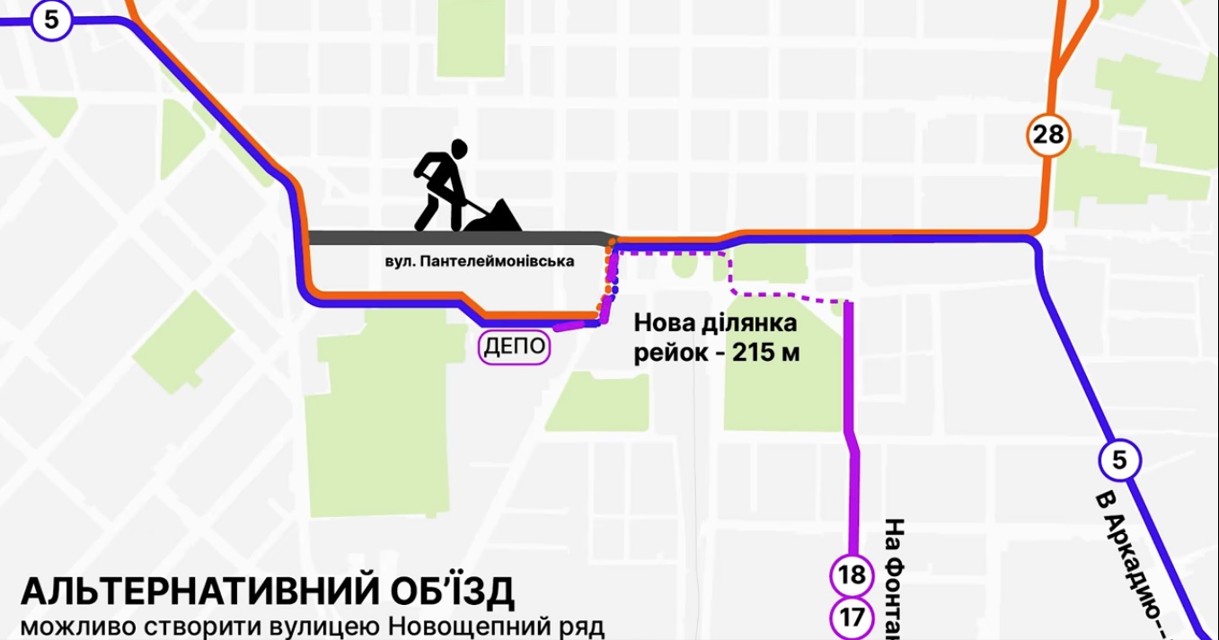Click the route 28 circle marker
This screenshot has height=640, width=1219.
(x=1048, y=135)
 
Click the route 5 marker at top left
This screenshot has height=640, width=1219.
(x=51, y=20)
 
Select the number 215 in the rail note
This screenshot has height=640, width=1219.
(x=755, y=353)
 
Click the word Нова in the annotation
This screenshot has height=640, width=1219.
(x=665, y=322)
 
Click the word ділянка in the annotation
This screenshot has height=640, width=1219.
(x=751, y=322)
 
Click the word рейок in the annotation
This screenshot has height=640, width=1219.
(x=670, y=353)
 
